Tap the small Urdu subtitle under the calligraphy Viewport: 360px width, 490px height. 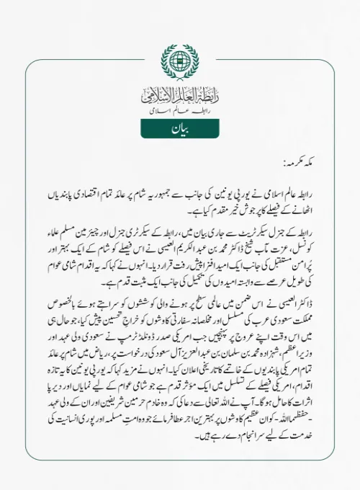pyautogui.click(x=180, y=112)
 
